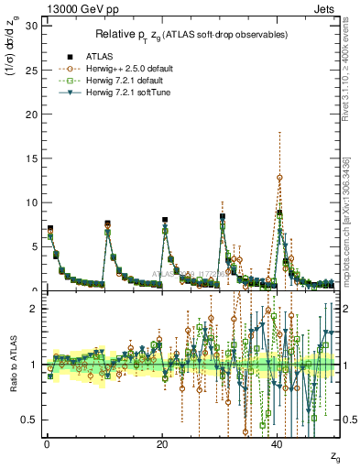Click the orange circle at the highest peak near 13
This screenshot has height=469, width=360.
279,177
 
